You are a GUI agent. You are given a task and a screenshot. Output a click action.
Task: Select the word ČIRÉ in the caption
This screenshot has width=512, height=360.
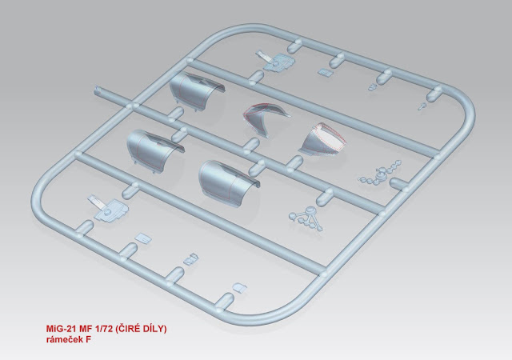(x=128, y=329)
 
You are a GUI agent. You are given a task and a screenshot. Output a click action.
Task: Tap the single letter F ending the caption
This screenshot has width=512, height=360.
(x=88, y=340)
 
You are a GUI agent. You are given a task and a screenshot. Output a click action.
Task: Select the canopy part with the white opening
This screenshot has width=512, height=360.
(x=322, y=141)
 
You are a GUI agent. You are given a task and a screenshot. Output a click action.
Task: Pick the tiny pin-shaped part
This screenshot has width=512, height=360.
(x=422, y=106)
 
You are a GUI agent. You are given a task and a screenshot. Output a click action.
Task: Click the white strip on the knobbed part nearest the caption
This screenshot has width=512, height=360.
(x=96, y=201)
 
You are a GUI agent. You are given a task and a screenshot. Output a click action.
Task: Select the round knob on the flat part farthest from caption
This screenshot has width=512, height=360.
(x=276, y=63)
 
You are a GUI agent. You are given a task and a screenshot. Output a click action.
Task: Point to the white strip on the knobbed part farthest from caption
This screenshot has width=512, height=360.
(x=265, y=55)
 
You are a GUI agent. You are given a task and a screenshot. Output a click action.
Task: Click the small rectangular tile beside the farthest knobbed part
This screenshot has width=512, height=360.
(x=326, y=72)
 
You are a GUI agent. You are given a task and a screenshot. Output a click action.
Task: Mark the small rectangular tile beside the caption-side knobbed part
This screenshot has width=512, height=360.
(x=143, y=238)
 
